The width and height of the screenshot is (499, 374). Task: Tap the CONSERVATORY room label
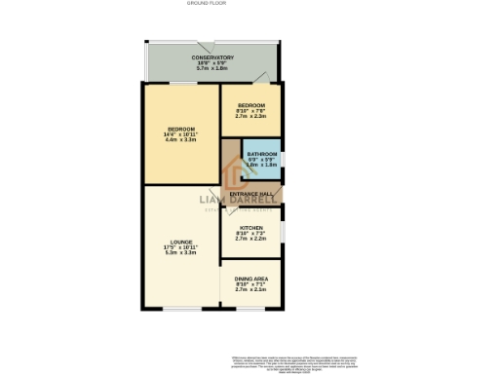click(211, 57)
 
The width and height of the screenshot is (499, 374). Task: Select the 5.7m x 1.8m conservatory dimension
click(211, 69)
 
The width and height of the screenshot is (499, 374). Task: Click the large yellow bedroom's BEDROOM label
click(181, 130)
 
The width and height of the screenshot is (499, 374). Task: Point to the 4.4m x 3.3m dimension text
click(181, 141)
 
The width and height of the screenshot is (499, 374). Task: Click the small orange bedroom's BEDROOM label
click(251, 105)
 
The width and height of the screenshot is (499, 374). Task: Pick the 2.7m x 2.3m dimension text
click(251, 117)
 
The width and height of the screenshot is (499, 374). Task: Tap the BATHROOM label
click(262, 155)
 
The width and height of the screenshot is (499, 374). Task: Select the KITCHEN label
click(251, 227)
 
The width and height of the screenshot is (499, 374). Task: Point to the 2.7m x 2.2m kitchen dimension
click(251, 239)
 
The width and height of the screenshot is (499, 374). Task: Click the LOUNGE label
click(181, 242)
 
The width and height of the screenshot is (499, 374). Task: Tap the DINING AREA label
click(251, 278)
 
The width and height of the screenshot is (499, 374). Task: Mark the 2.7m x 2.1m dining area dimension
click(251, 289)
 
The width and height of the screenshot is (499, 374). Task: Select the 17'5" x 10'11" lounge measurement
click(181, 247)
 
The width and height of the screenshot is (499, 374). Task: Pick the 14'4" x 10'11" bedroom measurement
click(181, 135)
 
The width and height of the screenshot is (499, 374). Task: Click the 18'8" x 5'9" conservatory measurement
click(211, 63)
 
